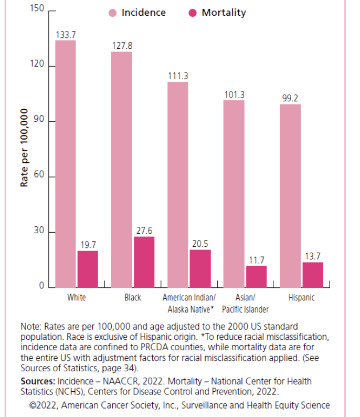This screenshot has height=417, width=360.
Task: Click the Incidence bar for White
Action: (x=66, y=164)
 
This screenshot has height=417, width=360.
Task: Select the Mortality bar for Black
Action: (x=144, y=262)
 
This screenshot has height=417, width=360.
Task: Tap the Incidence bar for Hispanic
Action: (x=290, y=195)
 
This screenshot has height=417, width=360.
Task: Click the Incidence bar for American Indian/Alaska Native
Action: (x=178, y=184)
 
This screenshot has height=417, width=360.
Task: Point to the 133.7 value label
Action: (x=66, y=35)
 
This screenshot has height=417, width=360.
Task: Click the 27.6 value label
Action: (x=144, y=231)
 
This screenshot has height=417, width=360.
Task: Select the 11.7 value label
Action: (x=257, y=260)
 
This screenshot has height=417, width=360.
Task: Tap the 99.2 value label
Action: (x=290, y=98)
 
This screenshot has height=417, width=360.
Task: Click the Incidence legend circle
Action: (x=113, y=13)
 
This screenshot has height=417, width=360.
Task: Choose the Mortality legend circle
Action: (x=192, y=13)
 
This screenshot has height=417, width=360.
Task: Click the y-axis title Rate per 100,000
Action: (x=24, y=148)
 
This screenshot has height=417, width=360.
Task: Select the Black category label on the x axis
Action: (x=133, y=298)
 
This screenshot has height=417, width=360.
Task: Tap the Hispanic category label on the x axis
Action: (x=301, y=298)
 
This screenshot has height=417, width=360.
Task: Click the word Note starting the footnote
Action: (x=29, y=326)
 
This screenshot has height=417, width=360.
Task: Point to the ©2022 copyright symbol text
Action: (x=41, y=405)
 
